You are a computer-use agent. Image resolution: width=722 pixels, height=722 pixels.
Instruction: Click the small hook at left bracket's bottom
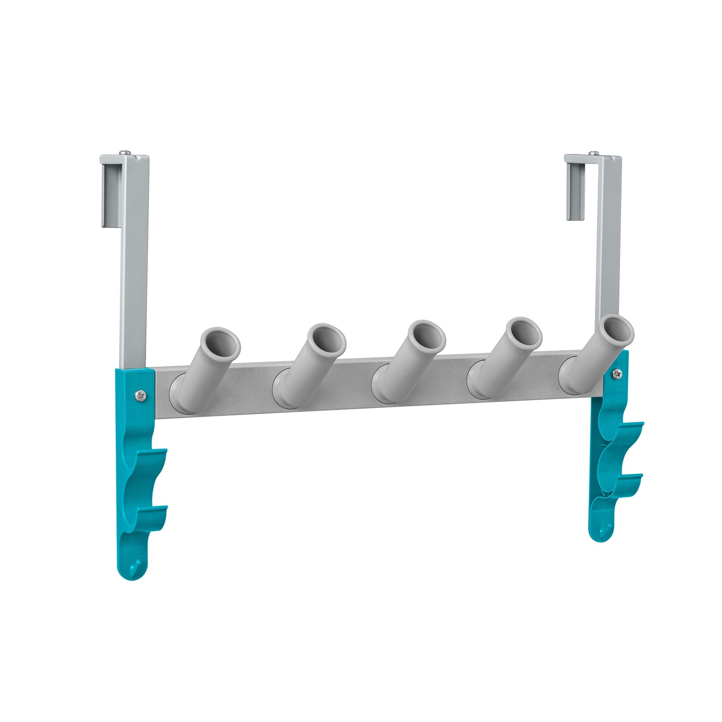click(135, 565)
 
